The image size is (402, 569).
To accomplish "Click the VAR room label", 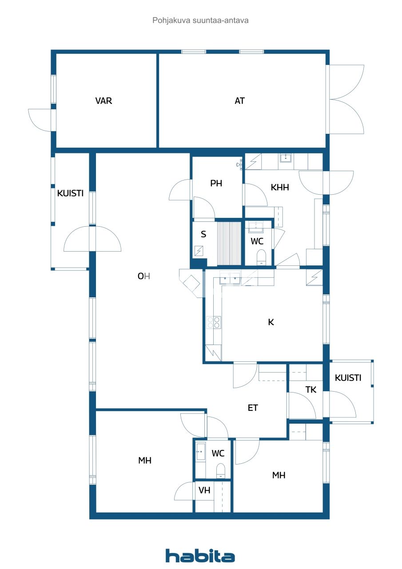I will tap(103, 101).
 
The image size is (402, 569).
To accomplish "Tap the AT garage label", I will tap(239, 101).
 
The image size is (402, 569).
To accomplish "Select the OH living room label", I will tap(143, 276).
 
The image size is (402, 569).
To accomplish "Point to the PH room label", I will tap(216, 183).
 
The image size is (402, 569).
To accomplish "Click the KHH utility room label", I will tap(280, 187).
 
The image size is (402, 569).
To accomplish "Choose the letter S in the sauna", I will tap(203, 234).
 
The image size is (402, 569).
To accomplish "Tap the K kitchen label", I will tap(271, 322).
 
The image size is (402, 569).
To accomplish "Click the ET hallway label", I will tap(253, 408).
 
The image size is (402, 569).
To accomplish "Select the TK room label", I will tap(311, 390).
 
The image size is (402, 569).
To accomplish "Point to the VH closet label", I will tap(204, 490).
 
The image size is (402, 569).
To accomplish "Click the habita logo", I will tap(200, 556).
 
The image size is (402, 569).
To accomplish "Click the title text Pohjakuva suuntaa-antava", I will tap(200, 20).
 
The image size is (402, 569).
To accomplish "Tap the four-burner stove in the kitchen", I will tap(213, 322).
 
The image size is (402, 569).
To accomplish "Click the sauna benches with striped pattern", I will tap(228, 244).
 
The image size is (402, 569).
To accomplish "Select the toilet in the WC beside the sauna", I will tap(261, 256).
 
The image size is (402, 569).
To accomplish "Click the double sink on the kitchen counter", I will tap(230, 280).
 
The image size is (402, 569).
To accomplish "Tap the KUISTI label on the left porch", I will tap(70, 193).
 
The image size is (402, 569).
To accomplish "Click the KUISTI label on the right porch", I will tap(348, 378).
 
